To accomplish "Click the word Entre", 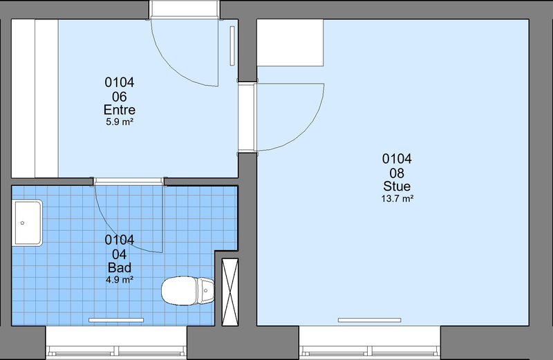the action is click(x=119, y=110).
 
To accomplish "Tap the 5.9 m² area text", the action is click(x=119, y=122).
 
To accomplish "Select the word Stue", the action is click(x=397, y=186).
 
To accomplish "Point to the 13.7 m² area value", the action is click(x=397, y=198).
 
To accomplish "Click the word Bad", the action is click(x=119, y=267).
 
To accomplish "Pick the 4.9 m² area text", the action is click(x=119, y=280).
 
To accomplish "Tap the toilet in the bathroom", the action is click(x=187, y=291).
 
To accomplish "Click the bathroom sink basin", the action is click(x=28, y=222).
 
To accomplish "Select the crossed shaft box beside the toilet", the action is click(x=230, y=292).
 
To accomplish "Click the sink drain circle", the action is click(x=23, y=222).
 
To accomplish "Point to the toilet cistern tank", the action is click(x=206, y=291).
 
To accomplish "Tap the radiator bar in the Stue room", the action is click(x=369, y=320).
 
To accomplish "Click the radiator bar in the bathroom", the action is click(x=116, y=320).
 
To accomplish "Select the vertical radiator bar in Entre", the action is click(x=232, y=46).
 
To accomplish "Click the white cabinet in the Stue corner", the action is click(x=290, y=43).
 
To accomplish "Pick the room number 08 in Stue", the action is click(x=397, y=173).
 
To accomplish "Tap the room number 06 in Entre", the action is click(x=119, y=97).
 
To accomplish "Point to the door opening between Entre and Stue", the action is click(x=247, y=117).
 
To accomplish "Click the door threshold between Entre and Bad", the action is click(x=129, y=182).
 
